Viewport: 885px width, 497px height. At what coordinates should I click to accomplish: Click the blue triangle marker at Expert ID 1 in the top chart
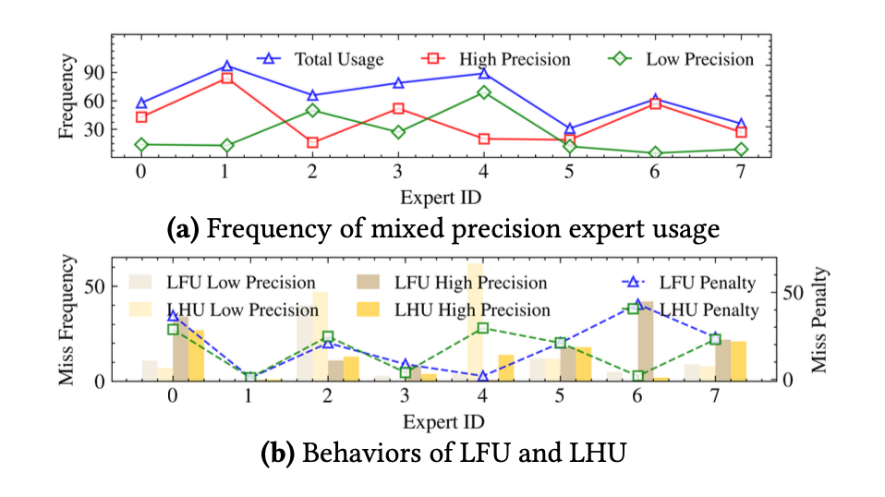226,67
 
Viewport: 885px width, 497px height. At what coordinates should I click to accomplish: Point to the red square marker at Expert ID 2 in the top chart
312,142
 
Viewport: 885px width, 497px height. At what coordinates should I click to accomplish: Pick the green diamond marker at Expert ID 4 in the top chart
483,92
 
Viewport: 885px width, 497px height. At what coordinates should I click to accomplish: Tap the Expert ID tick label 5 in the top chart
569,172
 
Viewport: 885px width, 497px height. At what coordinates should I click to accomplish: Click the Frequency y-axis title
67,98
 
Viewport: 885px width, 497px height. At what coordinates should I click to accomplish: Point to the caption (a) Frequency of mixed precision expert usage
442,227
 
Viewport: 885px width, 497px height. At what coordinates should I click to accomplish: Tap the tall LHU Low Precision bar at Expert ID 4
475,319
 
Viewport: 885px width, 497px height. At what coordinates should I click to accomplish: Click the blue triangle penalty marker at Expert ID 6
636,304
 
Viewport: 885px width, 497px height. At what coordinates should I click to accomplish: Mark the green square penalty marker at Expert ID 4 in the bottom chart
483,328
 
